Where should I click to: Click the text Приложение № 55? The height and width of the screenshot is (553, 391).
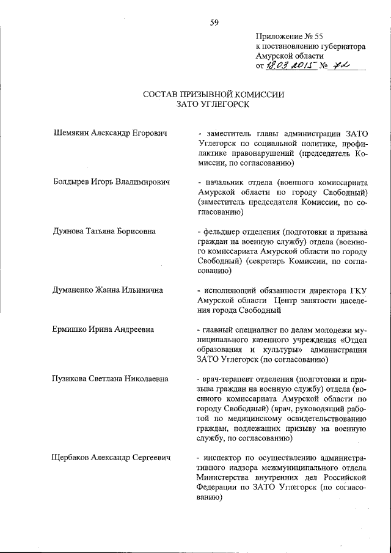tap(286, 36)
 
